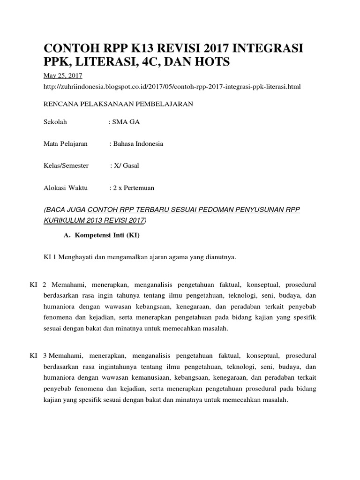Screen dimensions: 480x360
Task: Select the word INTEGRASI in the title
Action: [x=269, y=48]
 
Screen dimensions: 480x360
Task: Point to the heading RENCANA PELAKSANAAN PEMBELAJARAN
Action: [x=118, y=104]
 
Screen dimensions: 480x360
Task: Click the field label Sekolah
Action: [x=55, y=122]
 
